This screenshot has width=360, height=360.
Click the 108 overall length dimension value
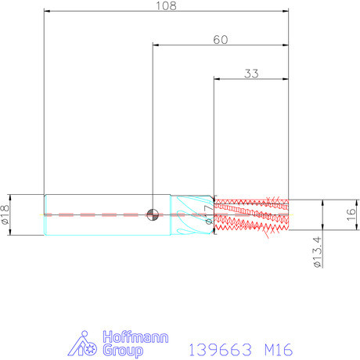(166, 5)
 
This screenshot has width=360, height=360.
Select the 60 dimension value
(221, 40)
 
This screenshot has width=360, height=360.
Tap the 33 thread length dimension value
(251, 74)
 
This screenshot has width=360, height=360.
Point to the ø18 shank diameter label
(5, 214)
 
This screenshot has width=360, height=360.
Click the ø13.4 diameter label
(317, 252)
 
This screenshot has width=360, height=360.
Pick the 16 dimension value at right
(351, 214)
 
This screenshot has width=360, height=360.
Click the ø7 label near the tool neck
(209, 214)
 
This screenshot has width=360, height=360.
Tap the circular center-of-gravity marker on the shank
(153, 214)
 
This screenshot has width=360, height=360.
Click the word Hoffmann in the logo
(135, 337)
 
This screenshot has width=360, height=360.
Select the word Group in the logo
(123, 351)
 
